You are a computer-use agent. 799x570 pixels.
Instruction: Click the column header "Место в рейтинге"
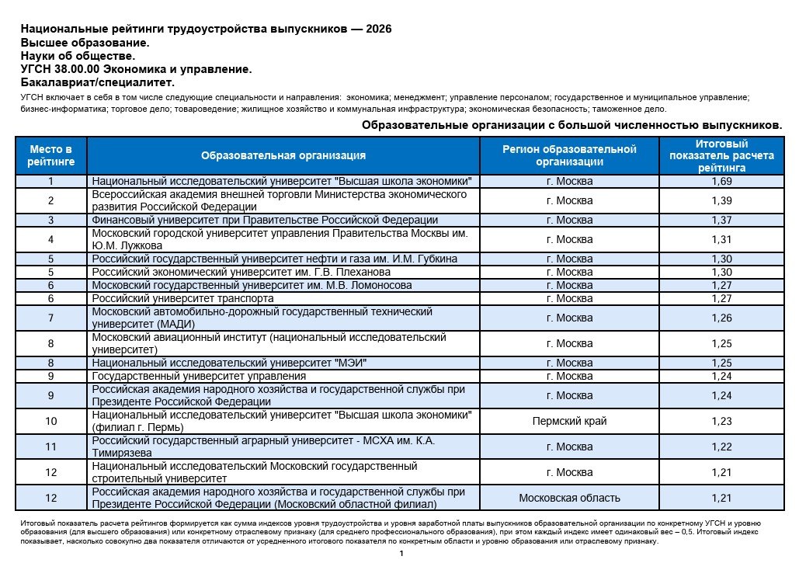coord(50,155)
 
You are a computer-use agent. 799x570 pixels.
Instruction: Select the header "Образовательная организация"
coord(283,155)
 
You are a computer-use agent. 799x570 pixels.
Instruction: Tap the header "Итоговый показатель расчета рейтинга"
coord(721,155)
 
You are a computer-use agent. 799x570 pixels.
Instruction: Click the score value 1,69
coord(721,182)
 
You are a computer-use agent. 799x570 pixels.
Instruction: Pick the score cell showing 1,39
coord(721,200)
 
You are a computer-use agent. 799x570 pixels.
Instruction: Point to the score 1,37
coord(721,221)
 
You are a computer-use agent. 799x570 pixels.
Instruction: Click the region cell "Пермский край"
coord(569,422)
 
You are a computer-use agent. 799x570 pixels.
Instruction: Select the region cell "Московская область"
coord(569,498)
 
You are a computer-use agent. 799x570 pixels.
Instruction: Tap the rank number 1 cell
coord(50,182)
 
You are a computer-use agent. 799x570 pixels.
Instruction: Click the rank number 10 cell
coord(50,422)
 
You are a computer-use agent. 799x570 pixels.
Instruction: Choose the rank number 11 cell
coord(50,447)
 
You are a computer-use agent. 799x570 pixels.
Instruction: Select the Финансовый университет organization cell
coord(265,221)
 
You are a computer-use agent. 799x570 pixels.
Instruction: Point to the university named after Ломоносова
coord(252,286)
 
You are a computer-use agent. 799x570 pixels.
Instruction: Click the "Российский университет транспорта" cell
coord(182,298)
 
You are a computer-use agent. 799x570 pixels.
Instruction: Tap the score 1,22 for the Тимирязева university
coord(721,447)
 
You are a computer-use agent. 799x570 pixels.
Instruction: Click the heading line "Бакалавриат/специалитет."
coord(98,82)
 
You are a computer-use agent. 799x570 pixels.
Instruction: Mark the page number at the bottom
coord(401,554)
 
